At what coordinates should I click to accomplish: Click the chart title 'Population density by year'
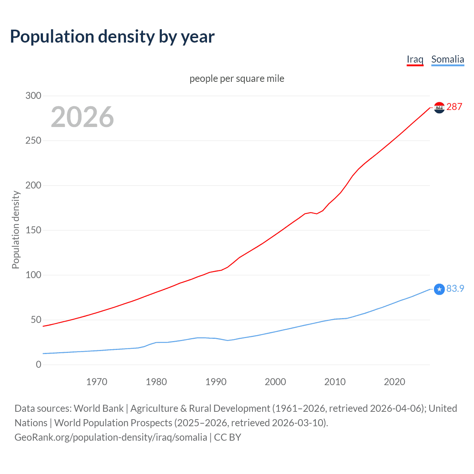[x=112, y=37]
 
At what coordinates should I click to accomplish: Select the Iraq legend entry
[x=415, y=59]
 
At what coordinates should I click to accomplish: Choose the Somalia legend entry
[x=447, y=59]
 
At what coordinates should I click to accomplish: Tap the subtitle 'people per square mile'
[x=237, y=79]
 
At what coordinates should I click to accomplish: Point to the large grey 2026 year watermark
[x=82, y=117]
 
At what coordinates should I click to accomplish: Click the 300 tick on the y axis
[x=33, y=96]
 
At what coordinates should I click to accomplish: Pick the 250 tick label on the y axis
[x=33, y=140]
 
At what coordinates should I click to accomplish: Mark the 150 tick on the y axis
[x=33, y=230]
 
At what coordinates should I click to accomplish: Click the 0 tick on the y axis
[x=39, y=364]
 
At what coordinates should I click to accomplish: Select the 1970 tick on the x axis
[x=97, y=382]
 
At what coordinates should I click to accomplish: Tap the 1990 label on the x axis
[x=216, y=382]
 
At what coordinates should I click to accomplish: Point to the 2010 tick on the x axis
[x=335, y=382]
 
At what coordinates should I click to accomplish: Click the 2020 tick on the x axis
[x=394, y=382]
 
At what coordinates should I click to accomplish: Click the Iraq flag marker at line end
[x=439, y=108]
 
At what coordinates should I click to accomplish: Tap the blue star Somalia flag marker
[x=439, y=289]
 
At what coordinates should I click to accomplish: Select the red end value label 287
[x=454, y=107]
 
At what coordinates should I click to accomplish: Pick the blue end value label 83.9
[x=455, y=288]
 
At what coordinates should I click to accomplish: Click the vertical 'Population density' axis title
[x=16, y=230]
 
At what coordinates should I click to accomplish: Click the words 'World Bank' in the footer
[x=99, y=408]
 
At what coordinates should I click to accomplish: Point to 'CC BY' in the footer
[x=227, y=437]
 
